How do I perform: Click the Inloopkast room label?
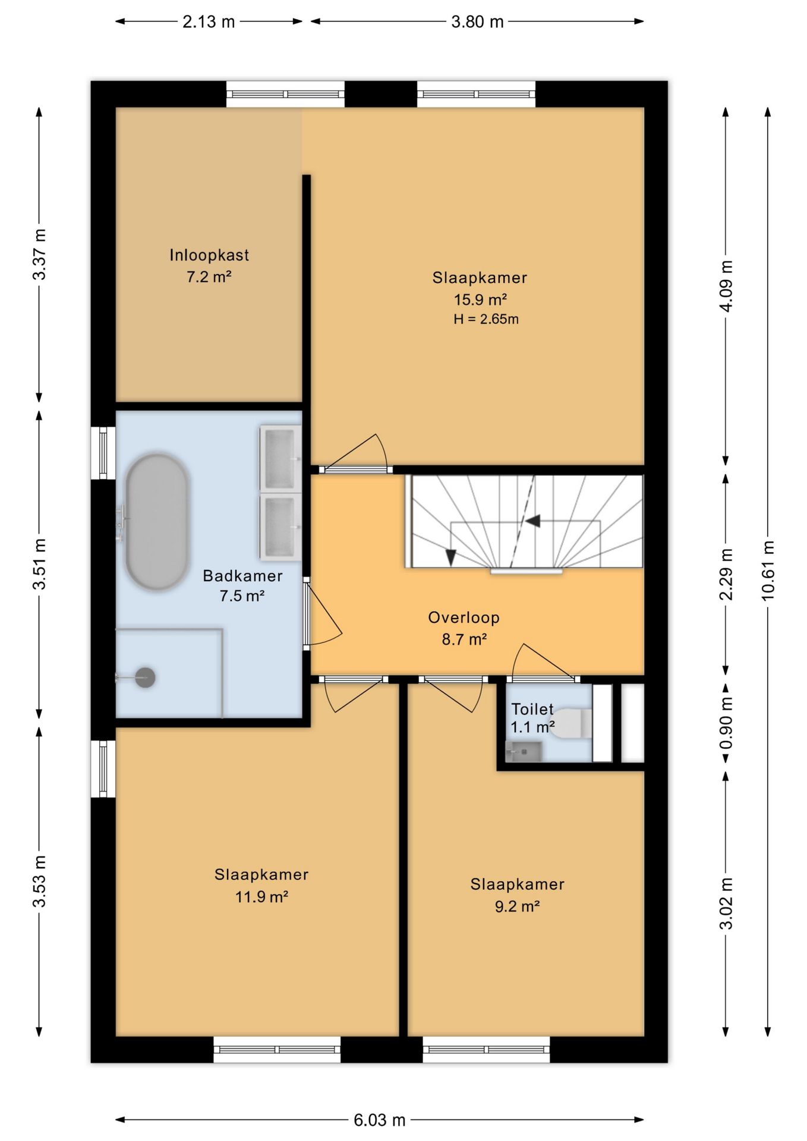(x=209, y=255)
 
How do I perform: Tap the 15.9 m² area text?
(x=480, y=300)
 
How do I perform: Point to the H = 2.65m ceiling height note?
(x=486, y=319)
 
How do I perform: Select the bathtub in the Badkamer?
(x=157, y=522)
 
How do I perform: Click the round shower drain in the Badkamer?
(x=145, y=677)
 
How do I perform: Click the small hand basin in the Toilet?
(x=524, y=752)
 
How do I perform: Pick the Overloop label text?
(x=464, y=617)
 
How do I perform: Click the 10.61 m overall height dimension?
(x=768, y=570)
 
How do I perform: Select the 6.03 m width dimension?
(x=380, y=1120)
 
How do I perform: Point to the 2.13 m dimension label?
(x=209, y=22)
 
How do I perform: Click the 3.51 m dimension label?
(x=39, y=565)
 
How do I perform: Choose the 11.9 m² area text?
(x=261, y=897)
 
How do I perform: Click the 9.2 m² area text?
(x=517, y=906)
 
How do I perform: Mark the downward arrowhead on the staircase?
(x=450, y=557)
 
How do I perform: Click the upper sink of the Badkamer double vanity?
(x=280, y=458)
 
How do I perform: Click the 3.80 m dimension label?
(x=477, y=22)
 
